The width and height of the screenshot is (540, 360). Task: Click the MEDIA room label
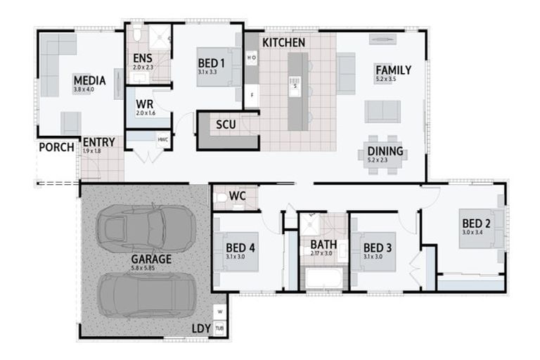click(x=89, y=81)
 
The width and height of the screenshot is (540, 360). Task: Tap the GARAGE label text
click(x=151, y=259)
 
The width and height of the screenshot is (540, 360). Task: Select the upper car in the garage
click(x=146, y=228)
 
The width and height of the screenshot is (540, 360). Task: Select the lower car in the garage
click(x=146, y=294)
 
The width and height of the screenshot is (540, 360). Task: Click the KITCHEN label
click(x=283, y=43)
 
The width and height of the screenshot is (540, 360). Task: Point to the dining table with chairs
click(x=384, y=151)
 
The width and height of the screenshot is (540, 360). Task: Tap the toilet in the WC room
click(x=221, y=198)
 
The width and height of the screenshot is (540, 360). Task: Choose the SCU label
click(x=226, y=125)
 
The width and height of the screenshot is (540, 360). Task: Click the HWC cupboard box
click(x=163, y=139)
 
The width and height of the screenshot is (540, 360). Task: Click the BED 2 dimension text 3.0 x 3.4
click(x=476, y=231)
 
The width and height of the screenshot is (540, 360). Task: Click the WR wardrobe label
click(x=144, y=104)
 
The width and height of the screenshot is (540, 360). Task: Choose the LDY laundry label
click(x=200, y=329)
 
